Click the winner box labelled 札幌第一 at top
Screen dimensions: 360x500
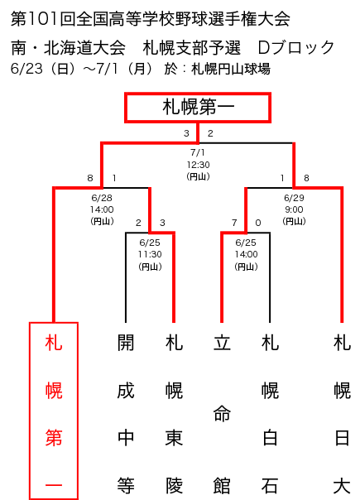click(x=198, y=108)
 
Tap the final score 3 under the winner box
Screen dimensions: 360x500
click(x=186, y=133)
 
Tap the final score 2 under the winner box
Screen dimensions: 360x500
click(x=210, y=133)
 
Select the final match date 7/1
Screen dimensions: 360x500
click(x=198, y=153)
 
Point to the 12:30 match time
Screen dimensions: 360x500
click(x=198, y=165)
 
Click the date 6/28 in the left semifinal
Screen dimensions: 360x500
click(x=102, y=198)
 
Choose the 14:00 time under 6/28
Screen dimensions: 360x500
click(x=102, y=209)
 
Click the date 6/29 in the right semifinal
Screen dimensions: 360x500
click(x=294, y=198)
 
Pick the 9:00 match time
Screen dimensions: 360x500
click(x=294, y=209)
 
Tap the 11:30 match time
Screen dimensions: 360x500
click(x=150, y=254)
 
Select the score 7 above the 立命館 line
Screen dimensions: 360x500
click(x=234, y=223)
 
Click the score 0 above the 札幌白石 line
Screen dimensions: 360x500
click(x=258, y=223)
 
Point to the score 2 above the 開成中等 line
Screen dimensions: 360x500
click(x=138, y=223)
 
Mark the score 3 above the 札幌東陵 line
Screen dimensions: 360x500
click(x=162, y=223)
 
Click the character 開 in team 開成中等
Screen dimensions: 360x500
click(x=126, y=343)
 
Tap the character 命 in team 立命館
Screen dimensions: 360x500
click(x=222, y=414)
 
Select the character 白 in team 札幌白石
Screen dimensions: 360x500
click(x=270, y=438)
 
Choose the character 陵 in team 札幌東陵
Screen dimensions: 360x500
click(x=174, y=485)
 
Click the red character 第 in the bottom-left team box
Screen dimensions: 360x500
click(x=54, y=438)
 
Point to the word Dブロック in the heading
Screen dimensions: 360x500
click(x=295, y=47)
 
